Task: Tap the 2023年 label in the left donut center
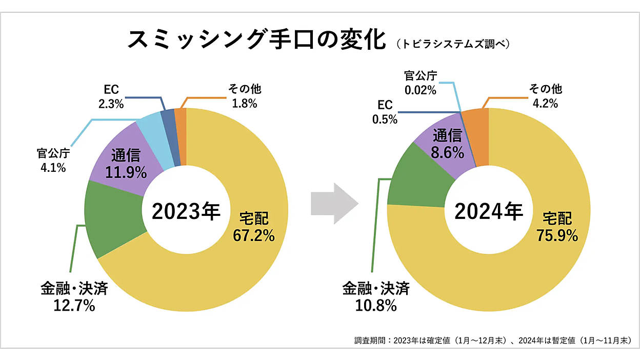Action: (x=186, y=211)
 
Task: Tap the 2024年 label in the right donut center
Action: (x=489, y=211)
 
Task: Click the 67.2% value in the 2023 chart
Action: (x=254, y=235)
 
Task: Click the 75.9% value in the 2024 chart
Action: (x=557, y=235)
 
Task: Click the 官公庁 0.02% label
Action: (x=420, y=84)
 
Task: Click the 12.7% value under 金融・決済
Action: (x=74, y=306)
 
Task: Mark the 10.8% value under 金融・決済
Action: (x=375, y=306)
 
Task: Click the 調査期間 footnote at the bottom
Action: (x=492, y=341)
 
